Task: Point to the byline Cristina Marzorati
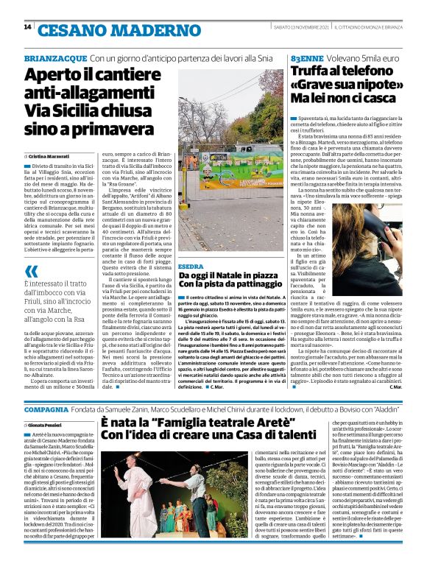coord(49,157)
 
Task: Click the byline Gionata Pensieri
coord(48,426)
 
